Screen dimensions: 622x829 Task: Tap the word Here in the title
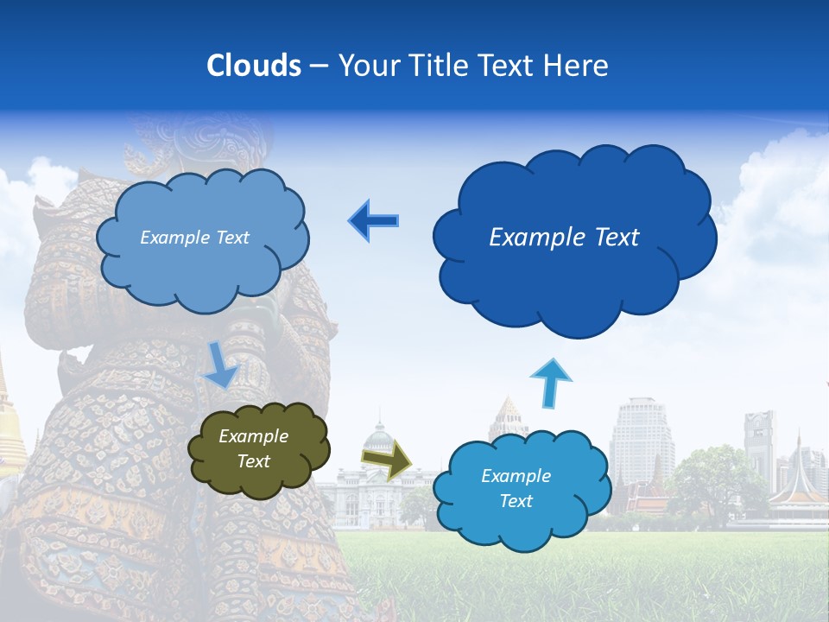coord(577,66)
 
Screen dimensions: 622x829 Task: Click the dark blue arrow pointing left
coord(373,221)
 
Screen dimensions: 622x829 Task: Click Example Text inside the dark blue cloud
coord(564,238)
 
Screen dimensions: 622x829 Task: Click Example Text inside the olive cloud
coord(253,448)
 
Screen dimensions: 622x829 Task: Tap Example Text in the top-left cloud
coord(194,238)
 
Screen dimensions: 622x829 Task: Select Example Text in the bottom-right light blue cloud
coord(516,488)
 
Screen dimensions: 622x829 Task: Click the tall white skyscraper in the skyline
coord(639,436)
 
